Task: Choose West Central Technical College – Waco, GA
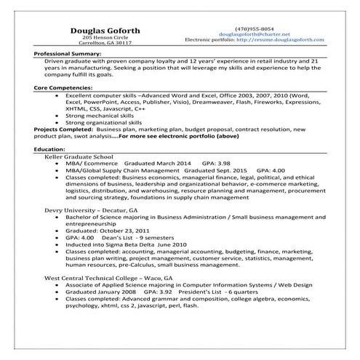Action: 110,278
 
